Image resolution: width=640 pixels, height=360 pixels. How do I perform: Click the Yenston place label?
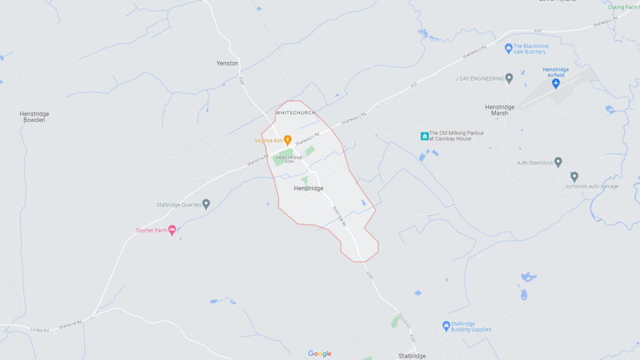[227, 63]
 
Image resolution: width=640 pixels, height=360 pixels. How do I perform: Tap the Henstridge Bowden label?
[34, 117]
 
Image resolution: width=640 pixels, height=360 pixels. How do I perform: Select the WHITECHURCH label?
[295, 112]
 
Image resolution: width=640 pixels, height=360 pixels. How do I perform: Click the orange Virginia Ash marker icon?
[287, 139]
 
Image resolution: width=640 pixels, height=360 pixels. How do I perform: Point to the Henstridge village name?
[308, 188]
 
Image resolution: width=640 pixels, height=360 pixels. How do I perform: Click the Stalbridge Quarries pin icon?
[206, 204]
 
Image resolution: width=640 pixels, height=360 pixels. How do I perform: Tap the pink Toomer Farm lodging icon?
[172, 230]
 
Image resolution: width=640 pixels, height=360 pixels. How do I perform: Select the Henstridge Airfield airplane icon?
[556, 84]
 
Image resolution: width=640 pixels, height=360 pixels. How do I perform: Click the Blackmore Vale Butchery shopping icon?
[509, 47]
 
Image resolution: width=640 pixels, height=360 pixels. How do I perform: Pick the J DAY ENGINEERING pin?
[509, 78]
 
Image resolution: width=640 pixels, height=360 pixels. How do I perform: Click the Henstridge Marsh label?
[500, 110]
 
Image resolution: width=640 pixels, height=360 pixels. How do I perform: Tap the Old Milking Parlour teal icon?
[424, 136]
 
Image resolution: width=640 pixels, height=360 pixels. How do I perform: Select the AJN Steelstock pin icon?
[558, 162]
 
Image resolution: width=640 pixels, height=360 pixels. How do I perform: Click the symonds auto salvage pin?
[574, 176]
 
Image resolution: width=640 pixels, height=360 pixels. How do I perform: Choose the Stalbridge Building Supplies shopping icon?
[446, 326]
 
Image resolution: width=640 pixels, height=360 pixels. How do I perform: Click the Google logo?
[319, 354]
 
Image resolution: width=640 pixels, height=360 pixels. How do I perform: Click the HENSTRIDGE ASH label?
[289, 159]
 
